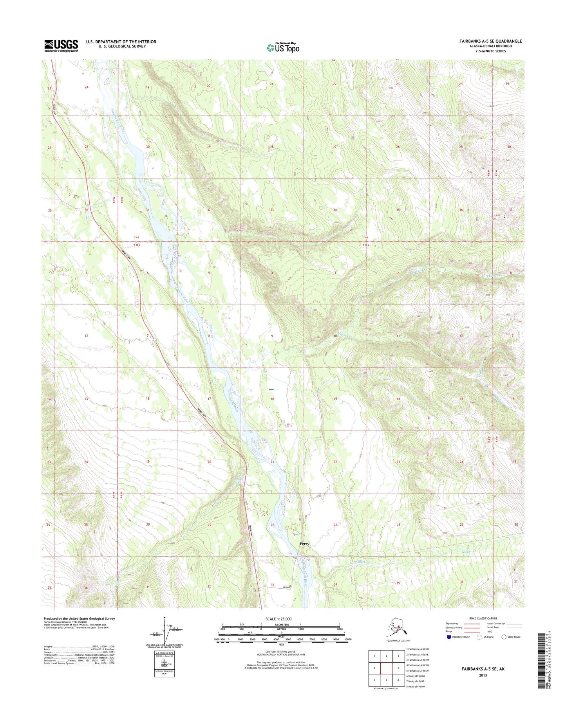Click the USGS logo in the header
61,45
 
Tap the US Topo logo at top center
283,47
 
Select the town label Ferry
304,544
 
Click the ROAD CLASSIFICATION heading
483,618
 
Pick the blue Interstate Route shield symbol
448,637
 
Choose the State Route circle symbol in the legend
504,637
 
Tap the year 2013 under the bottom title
483,675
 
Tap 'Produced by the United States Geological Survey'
79,618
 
